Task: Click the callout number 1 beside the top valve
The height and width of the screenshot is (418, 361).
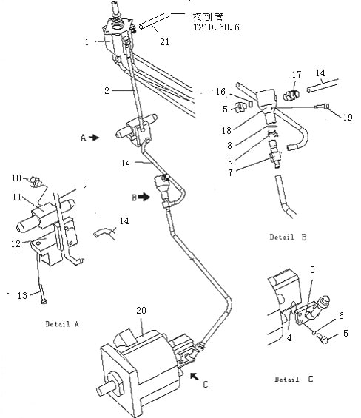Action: (87, 42)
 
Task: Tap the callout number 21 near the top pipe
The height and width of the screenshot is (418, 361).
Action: (164, 42)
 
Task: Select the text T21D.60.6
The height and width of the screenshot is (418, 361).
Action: (216, 27)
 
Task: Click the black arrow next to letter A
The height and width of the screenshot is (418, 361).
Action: (94, 138)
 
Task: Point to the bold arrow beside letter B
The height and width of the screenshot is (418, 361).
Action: (144, 197)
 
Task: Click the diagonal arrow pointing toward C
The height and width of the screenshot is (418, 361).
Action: (195, 376)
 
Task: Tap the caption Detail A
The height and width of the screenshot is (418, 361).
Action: (62, 324)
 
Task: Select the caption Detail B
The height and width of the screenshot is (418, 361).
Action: (288, 237)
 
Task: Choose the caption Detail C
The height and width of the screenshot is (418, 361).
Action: (294, 379)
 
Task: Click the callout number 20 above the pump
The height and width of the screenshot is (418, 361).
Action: (141, 311)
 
